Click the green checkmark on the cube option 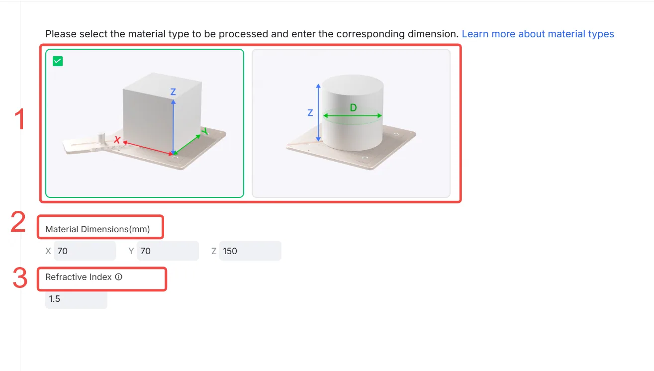click(58, 61)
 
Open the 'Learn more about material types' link click(538, 34)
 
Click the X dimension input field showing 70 click(85, 251)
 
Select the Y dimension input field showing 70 click(168, 251)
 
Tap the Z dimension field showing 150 click(250, 251)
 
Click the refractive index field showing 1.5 click(76, 299)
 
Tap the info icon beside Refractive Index click(118, 277)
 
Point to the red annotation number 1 click(19, 119)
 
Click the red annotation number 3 click(20, 278)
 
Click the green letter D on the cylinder click(353, 108)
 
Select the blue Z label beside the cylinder click(310, 113)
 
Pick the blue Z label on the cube click(173, 92)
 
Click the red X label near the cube click(117, 140)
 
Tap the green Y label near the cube click(205, 131)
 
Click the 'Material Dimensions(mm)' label click(97, 229)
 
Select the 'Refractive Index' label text click(78, 277)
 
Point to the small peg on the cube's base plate click(101, 138)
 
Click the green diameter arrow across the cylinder click(353, 115)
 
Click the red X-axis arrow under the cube click(148, 148)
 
